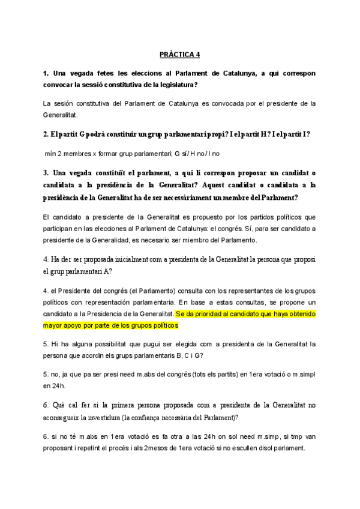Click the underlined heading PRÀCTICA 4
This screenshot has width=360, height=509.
180,54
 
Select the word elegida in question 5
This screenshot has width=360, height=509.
195,345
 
